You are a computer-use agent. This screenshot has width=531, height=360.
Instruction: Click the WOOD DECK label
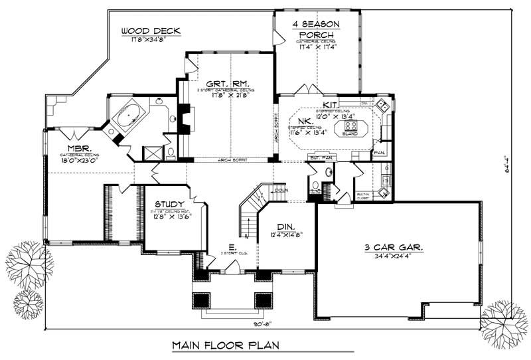[151, 31]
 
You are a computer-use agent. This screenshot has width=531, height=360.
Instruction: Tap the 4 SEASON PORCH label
[316, 29]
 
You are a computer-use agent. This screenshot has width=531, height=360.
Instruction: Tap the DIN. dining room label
[290, 226]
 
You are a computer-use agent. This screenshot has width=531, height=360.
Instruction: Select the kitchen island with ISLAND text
[352, 126]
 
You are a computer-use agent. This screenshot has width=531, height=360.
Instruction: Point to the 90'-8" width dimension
[264, 325]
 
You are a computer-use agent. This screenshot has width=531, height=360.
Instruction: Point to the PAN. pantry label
[381, 152]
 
